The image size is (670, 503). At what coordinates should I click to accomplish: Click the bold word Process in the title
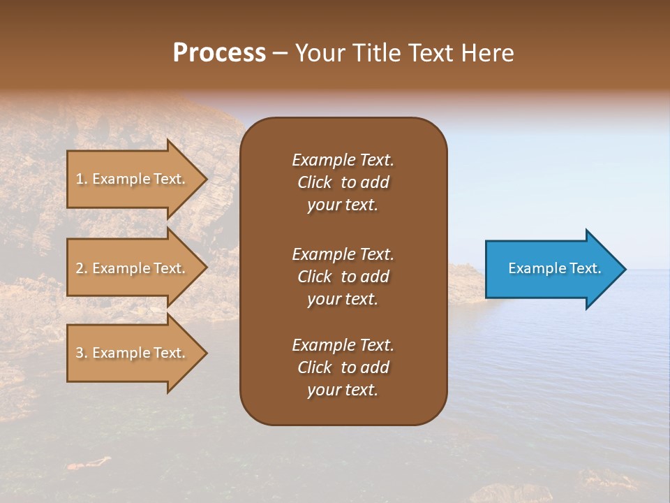(x=219, y=53)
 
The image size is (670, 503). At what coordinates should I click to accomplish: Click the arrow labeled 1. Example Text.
(x=133, y=179)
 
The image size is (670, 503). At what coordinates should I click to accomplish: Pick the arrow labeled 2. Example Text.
(x=133, y=268)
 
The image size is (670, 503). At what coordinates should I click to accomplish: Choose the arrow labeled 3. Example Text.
(x=133, y=353)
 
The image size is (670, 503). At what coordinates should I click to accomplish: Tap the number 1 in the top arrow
(x=80, y=179)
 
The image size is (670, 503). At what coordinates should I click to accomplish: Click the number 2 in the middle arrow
(x=80, y=268)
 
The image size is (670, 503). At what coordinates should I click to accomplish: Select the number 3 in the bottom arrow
(x=80, y=353)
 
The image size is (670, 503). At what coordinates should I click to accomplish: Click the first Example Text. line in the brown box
(x=343, y=160)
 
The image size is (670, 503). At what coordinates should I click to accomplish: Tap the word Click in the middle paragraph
(x=314, y=277)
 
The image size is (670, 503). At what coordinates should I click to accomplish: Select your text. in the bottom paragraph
(x=343, y=391)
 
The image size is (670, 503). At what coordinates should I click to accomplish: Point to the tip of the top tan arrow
(x=206, y=179)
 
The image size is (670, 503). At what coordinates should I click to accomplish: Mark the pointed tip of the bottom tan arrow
(x=206, y=353)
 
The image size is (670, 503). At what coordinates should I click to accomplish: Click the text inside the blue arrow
(x=554, y=268)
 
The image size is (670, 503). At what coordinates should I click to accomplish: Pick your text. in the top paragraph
(x=343, y=205)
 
